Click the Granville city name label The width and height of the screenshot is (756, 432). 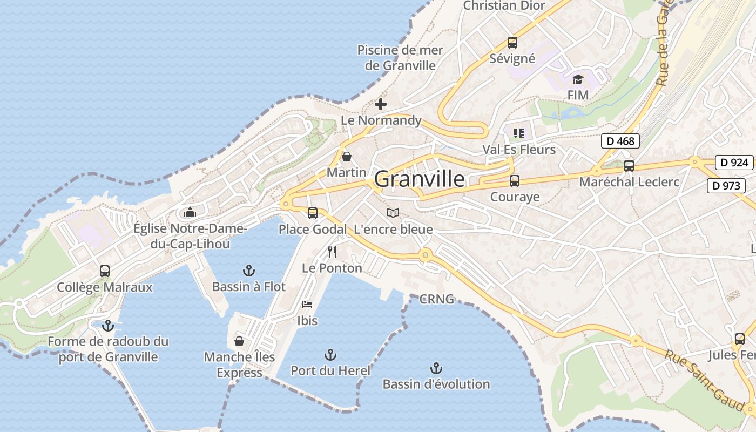[419, 179]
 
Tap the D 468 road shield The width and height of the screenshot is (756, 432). [620, 141]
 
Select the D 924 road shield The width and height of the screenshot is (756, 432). [734, 162]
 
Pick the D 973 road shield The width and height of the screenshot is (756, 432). [726, 186]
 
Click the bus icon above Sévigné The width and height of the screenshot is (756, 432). [512, 42]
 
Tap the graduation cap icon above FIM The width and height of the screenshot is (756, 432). [578, 80]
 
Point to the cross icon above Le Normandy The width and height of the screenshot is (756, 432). [381, 104]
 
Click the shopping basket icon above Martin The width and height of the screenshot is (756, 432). [347, 157]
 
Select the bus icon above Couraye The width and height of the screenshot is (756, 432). [515, 181]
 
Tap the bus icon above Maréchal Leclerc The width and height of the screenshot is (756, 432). [629, 166]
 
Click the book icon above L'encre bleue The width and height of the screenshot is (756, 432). [393, 213]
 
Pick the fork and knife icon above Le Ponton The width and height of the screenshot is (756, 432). [332, 252]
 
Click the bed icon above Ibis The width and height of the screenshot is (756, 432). [307, 305]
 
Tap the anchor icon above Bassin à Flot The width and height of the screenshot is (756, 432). [249, 270]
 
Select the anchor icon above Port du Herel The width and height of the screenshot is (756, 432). [330, 355]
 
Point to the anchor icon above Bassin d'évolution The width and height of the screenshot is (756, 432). [436, 368]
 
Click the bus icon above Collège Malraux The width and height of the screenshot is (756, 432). [105, 271]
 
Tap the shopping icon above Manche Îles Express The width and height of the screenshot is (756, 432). [239, 341]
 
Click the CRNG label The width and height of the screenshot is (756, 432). [436, 299]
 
